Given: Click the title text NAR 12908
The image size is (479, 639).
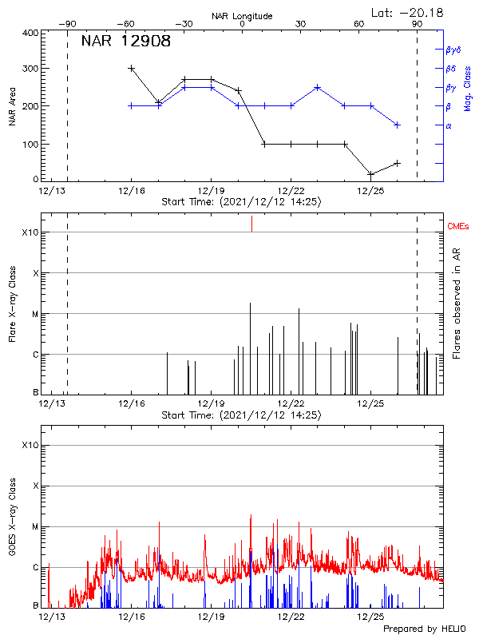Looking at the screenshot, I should [x=125, y=42].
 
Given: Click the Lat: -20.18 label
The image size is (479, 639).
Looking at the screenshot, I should [x=408, y=12].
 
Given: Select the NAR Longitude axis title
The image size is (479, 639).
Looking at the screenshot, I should [x=242, y=15].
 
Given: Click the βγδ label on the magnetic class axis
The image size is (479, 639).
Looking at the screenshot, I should [x=453, y=50].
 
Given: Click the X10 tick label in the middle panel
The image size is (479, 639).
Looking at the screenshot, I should [x=30, y=232].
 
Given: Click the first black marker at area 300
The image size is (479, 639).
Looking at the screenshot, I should [x=131, y=69].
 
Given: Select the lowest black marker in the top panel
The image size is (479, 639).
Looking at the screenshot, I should [x=370, y=174].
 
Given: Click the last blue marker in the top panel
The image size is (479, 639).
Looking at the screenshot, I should [x=397, y=125].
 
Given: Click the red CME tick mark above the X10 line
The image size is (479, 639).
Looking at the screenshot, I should [x=251, y=223].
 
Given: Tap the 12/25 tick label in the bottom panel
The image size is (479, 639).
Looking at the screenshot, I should [x=370, y=617].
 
